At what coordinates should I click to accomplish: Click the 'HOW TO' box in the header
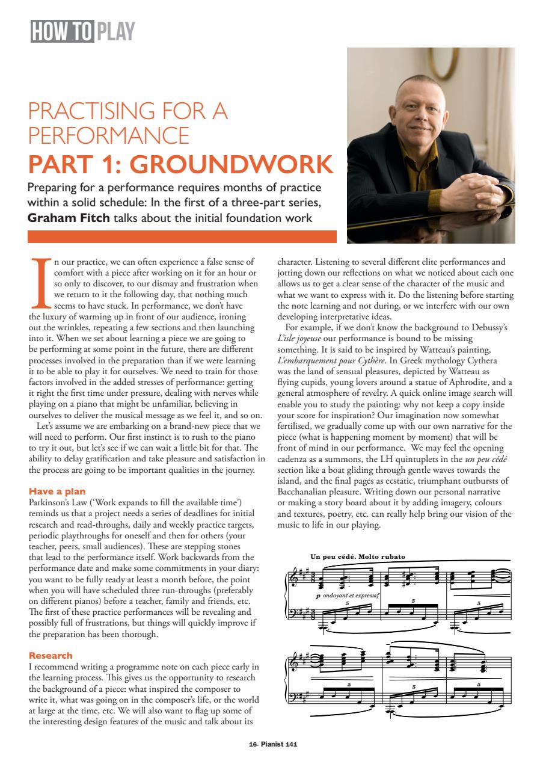(61, 31)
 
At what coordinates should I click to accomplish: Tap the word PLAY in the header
(115, 31)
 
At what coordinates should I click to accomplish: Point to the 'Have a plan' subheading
(57, 491)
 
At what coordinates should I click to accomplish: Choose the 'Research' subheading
(51, 655)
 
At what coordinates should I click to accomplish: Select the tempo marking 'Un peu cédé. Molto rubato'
(357, 556)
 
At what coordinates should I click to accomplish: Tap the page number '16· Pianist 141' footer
(272, 744)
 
